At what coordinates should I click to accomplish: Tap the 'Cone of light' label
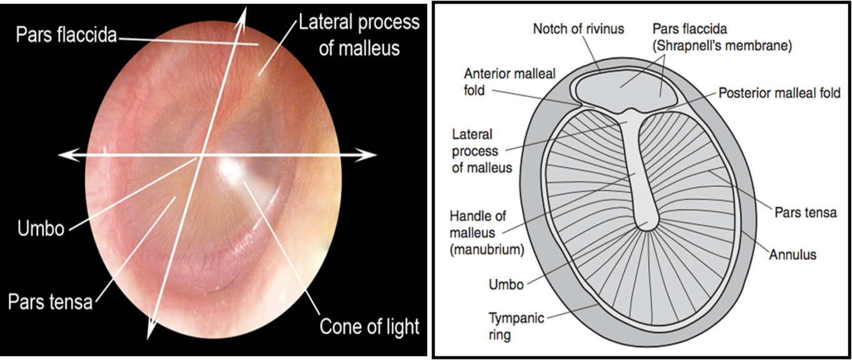[x=369, y=326]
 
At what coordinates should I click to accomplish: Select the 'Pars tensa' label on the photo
[x=50, y=302]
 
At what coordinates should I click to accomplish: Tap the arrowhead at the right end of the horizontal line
[x=370, y=154]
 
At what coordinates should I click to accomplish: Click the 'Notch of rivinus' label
[x=578, y=29]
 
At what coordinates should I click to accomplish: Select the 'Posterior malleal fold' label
[x=780, y=93]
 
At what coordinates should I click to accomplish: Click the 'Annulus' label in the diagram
[x=793, y=254]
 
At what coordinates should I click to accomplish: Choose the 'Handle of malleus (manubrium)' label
[x=486, y=233]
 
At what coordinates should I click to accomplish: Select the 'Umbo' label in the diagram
[x=506, y=284]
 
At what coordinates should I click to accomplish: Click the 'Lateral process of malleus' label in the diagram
[x=482, y=151]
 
